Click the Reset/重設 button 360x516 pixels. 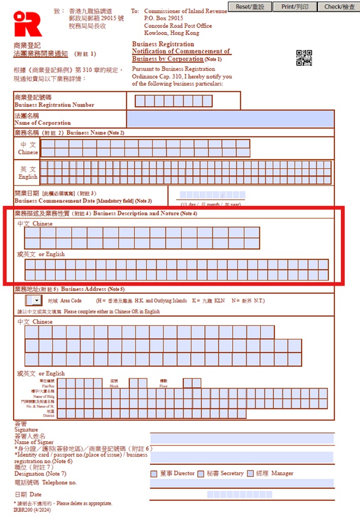[x=249, y=7]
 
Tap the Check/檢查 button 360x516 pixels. [x=339, y=7]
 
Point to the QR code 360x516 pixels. [x=304, y=58]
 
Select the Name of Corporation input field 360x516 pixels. [x=230, y=119]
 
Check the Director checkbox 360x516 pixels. [x=154, y=473]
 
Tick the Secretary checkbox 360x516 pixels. [x=200, y=473]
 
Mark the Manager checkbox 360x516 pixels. [x=249, y=473]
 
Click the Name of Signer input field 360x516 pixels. [x=242, y=438]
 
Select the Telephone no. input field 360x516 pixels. [x=242, y=483]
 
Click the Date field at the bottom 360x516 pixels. [x=239, y=494]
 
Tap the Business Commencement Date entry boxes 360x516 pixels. [x=212, y=195]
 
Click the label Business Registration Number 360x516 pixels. [x=54, y=105]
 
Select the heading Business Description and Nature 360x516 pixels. [x=145, y=213]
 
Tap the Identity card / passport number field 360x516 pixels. [x=242, y=457]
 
